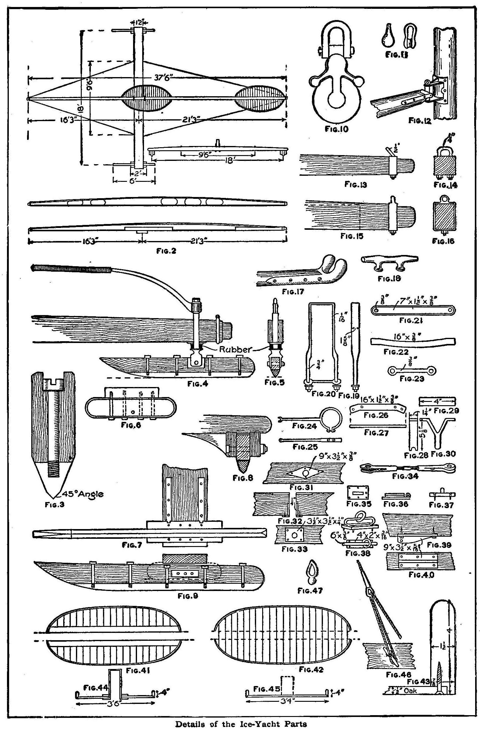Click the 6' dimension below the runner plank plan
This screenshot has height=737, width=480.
click(x=134, y=181)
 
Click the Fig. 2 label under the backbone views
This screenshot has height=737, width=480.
click(x=166, y=251)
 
